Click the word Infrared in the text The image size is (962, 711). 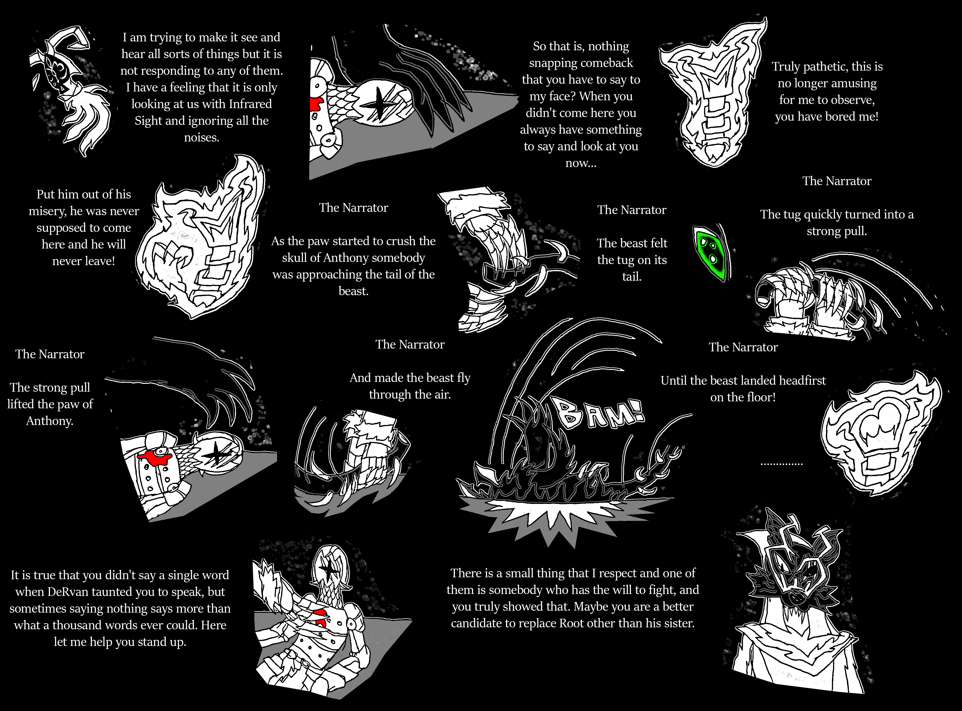click(x=250, y=104)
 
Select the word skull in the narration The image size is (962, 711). click(x=295, y=258)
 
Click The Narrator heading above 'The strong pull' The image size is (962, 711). click(x=50, y=354)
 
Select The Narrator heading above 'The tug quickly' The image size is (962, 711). click(x=837, y=181)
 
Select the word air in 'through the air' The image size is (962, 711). click(x=442, y=395)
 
